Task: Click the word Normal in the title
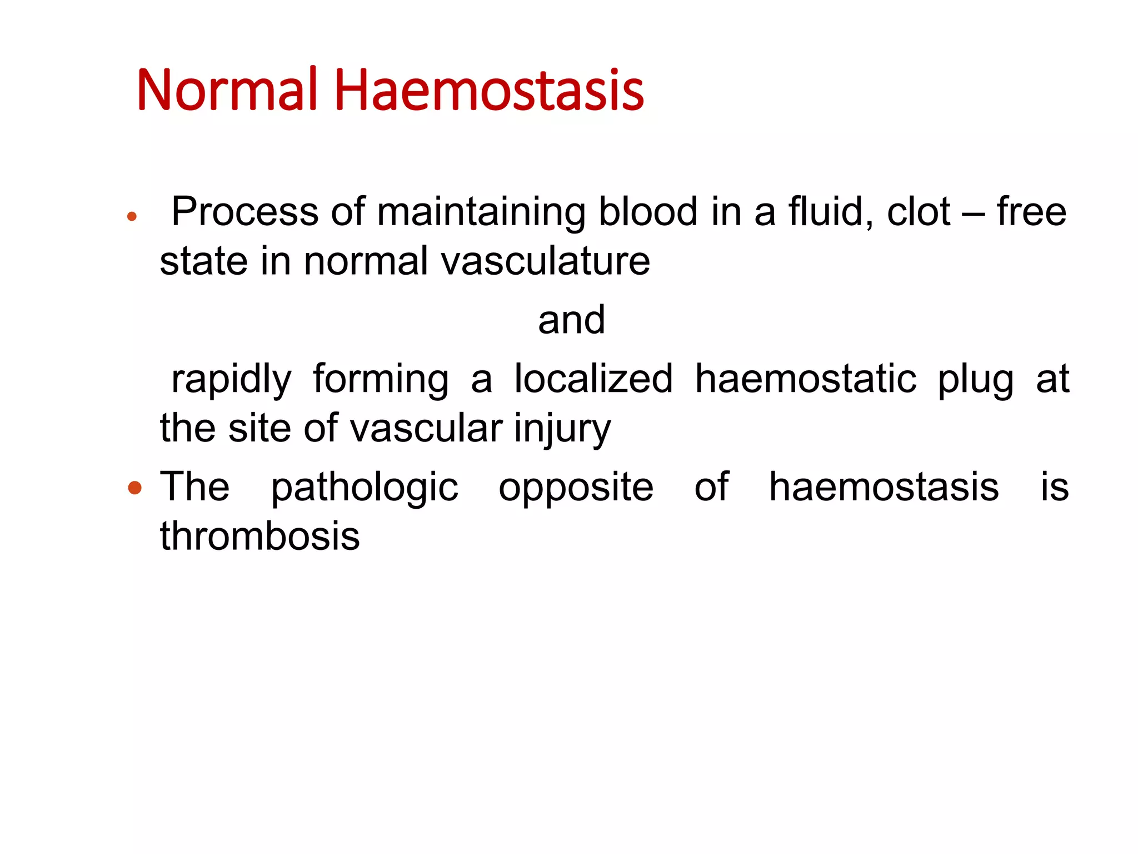tap(227, 90)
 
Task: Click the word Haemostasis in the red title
tap(489, 90)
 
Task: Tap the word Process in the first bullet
tap(244, 212)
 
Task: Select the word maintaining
tap(481, 212)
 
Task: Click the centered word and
tap(571, 320)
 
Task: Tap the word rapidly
tap(231, 380)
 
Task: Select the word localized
tap(593, 379)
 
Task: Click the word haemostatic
tap(806, 379)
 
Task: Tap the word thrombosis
tap(260, 536)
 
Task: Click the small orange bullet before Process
tap(132, 217)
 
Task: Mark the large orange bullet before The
tap(135, 488)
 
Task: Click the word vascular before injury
tap(427, 428)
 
